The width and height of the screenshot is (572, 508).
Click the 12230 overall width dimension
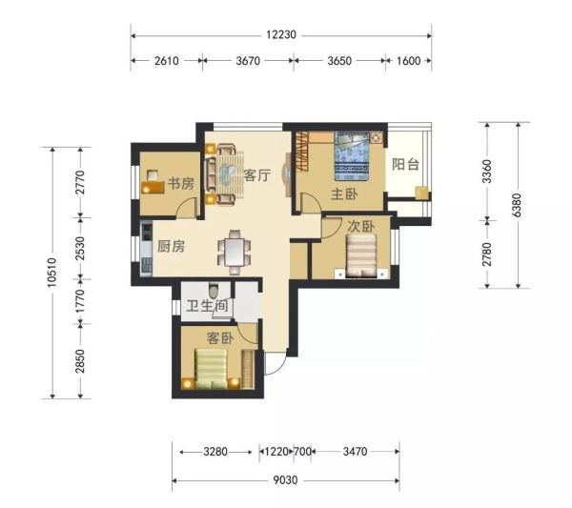(x=281, y=35)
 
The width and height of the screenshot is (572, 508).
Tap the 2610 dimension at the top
(x=166, y=61)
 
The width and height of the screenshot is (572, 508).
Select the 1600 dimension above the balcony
(x=409, y=61)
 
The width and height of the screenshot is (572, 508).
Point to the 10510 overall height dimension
(x=52, y=272)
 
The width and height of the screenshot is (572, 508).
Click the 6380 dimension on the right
(x=517, y=205)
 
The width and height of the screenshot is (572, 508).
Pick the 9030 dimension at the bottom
(x=286, y=480)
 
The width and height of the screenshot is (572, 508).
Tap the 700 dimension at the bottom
(x=302, y=452)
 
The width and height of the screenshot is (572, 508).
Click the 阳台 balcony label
(x=405, y=165)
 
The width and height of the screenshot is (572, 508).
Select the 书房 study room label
(x=181, y=183)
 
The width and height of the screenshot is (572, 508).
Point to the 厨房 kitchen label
(x=171, y=247)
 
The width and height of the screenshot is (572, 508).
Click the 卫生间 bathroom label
(x=207, y=306)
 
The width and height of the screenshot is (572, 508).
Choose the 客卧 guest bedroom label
(x=219, y=338)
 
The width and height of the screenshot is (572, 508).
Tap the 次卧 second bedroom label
(x=360, y=226)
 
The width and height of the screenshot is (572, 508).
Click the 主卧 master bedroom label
(x=344, y=194)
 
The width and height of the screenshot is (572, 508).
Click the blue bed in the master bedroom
(x=351, y=156)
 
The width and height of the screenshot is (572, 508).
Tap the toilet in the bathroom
(x=214, y=290)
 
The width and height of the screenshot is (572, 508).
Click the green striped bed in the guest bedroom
(x=211, y=368)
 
